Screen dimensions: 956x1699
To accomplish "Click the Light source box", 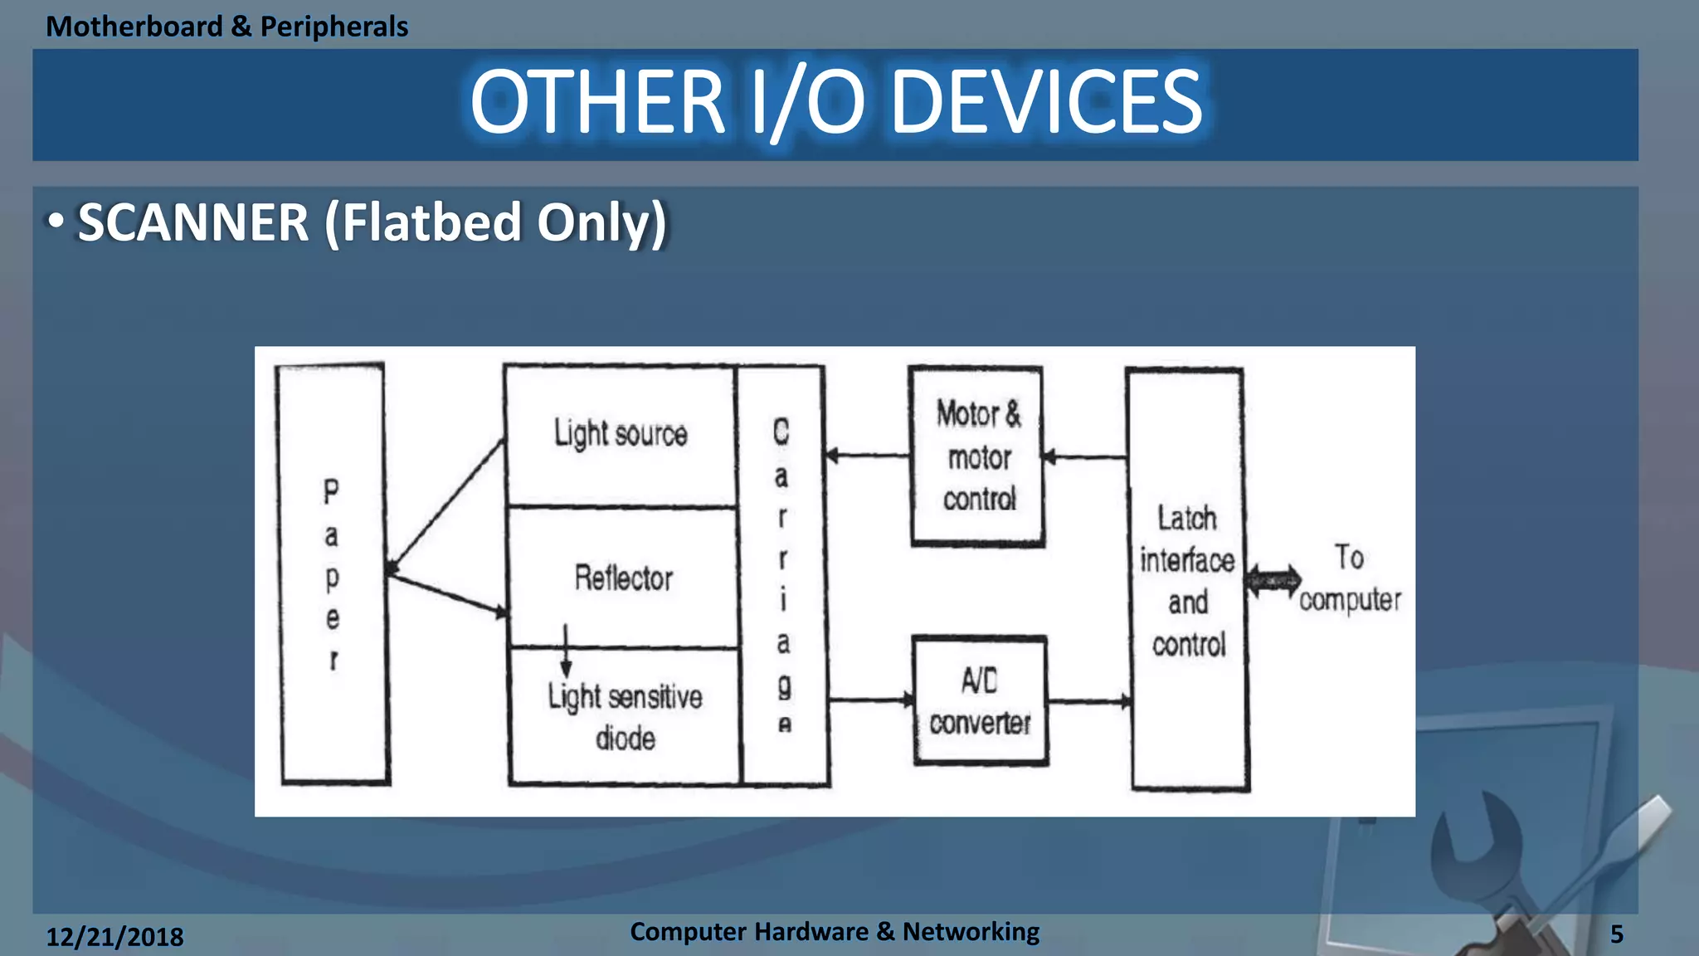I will [621, 435].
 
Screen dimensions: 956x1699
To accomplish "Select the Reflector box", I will [623, 578].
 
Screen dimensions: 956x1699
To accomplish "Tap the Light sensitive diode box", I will [625, 716].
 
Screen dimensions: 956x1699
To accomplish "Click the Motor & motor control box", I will [977, 456].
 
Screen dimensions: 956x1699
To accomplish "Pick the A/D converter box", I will [980, 701].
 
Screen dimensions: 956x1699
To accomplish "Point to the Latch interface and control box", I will [1188, 580].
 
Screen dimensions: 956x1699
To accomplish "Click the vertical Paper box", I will [333, 573].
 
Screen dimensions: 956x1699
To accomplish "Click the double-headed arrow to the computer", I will [1273, 581].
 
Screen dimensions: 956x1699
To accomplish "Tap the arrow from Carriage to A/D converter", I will [871, 701].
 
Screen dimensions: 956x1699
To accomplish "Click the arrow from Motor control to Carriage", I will [868, 456].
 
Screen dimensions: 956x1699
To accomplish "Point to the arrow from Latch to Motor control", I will [1084, 456].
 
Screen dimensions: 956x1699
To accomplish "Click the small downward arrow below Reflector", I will [566, 651].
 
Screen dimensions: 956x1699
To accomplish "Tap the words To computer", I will [1350, 578].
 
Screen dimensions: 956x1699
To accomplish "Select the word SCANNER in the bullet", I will [193, 223].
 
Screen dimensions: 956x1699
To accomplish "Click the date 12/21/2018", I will [114, 937].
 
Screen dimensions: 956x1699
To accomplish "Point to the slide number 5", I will [1616, 934].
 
